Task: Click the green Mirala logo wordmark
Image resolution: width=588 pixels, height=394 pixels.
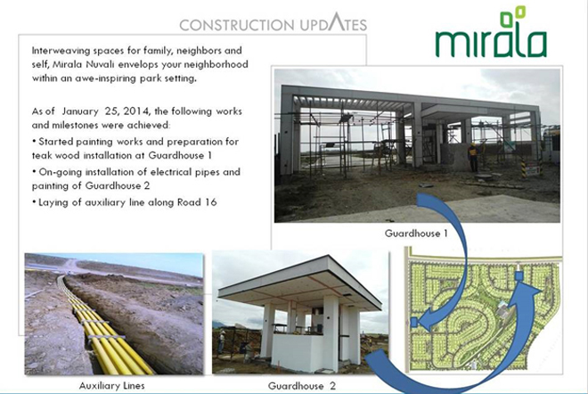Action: [x=491, y=42]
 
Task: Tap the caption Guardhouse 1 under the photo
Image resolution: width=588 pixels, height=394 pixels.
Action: [x=416, y=234]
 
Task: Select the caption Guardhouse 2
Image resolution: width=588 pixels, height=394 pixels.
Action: [x=301, y=386]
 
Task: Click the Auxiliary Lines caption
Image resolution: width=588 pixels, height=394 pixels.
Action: [x=111, y=385]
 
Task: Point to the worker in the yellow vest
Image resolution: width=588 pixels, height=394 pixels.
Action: [x=473, y=156]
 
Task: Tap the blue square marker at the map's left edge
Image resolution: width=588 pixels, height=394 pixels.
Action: [x=414, y=322]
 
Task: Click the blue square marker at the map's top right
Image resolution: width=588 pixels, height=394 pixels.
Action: [x=519, y=276]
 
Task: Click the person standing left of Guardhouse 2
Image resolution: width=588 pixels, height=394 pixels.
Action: [x=222, y=342]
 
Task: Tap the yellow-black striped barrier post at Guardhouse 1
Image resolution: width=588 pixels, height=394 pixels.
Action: [x=524, y=168]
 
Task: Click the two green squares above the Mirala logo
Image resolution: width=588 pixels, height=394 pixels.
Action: [x=512, y=16]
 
